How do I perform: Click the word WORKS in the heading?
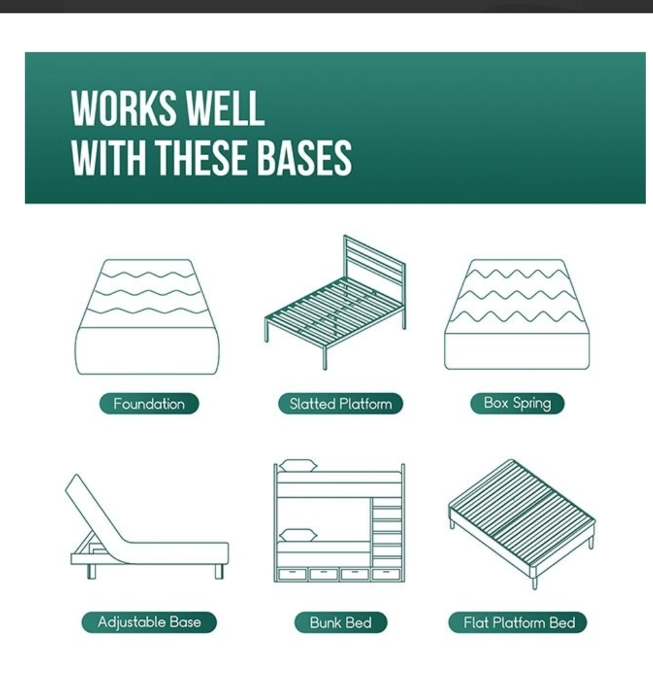pyautogui.click(x=124, y=108)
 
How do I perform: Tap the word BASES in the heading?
pyautogui.click(x=303, y=157)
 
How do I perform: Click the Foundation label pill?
pyautogui.click(x=149, y=404)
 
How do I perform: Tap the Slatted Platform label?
pyautogui.click(x=341, y=404)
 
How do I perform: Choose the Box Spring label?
pyautogui.click(x=517, y=403)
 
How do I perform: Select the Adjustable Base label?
pyautogui.click(x=149, y=622)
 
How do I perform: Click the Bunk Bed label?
pyautogui.click(x=341, y=623)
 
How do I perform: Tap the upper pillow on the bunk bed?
pyautogui.click(x=298, y=465)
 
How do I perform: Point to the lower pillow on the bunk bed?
pyautogui.click(x=298, y=535)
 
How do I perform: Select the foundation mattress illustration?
pyautogui.click(x=147, y=317)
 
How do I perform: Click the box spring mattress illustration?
pyautogui.click(x=517, y=315)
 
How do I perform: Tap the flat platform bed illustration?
pyautogui.click(x=522, y=524)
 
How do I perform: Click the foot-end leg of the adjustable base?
pyautogui.click(x=219, y=571)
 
